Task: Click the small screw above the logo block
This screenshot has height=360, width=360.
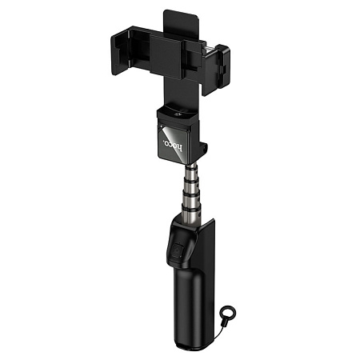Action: (177, 115)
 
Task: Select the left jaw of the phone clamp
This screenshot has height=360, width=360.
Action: (119, 50)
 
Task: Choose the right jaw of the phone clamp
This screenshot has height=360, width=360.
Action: (217, 70)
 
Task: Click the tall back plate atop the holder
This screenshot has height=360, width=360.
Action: (182, 26)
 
